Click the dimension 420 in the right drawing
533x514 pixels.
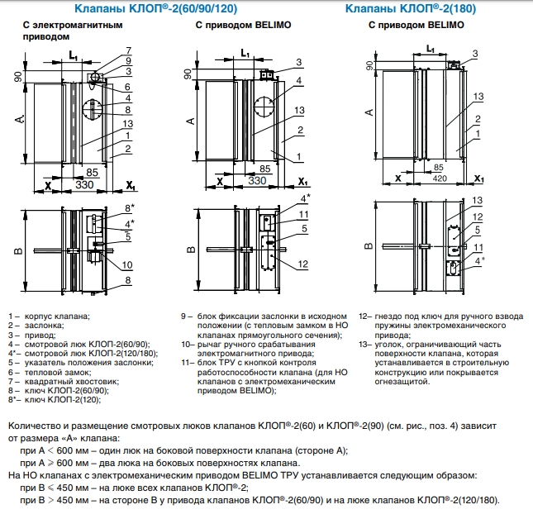(x=440, y=178)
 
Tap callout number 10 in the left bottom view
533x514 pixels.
(x=127, y=264)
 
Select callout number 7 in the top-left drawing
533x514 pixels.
(x=128, y=50)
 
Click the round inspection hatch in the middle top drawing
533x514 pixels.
(x=264, y=107)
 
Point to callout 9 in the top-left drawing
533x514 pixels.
(x=128, y=61)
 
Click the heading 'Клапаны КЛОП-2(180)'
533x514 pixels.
(x=411, y=8)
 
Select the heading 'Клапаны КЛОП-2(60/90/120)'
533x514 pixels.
(x=155, y=8)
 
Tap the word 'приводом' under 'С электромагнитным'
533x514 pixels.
(x=46, y=36)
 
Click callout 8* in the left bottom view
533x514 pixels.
(x=130, y=207)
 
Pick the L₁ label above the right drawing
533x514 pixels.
(x=431, y=50)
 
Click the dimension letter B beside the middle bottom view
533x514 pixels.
(x=191, y=250)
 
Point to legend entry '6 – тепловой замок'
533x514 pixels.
(x=50, y=372)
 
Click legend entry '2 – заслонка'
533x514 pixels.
(x=36, y=326)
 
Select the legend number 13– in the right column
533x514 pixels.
(x=366, y=345)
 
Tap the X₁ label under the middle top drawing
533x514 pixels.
(x=302, y=182)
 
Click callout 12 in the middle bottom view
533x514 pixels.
(x=303, y=264)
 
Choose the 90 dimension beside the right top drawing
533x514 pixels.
(x=369, y=65)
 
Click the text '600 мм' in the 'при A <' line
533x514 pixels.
(x=73, y=450)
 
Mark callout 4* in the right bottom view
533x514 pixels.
(x=479, y=261)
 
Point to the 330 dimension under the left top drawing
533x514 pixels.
(x=84, y=184)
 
